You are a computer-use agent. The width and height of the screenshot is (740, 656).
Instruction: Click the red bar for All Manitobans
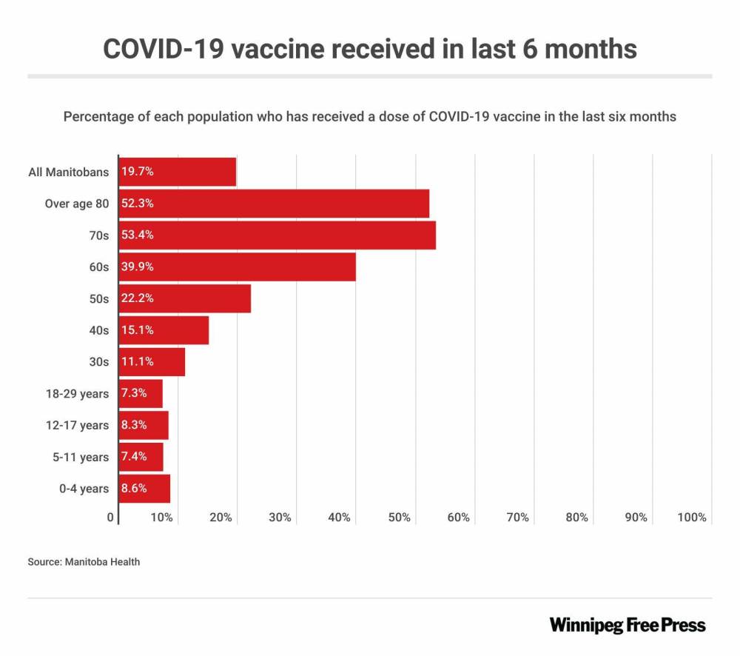[x=192, y=172]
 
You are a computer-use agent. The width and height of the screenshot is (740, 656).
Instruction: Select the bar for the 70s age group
[x=296, y=235]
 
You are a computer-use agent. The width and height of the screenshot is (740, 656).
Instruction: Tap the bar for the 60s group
[x=252, y=267]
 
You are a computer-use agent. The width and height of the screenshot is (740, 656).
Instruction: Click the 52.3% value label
[x=137, y=204]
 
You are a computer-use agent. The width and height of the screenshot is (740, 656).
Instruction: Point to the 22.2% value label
[x=137, y=298]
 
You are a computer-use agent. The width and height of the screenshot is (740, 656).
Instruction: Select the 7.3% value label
[x=134, y=393]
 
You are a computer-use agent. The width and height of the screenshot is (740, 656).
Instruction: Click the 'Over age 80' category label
[x=77, y=204]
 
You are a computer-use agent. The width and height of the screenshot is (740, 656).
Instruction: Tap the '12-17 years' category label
[x=77, y=425]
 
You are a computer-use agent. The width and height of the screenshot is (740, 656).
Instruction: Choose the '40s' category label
[x=99, y=330]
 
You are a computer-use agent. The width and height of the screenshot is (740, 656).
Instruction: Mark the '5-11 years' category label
[x=80, y=457]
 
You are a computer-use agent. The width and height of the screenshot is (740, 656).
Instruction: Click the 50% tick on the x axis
[x=399, y=518]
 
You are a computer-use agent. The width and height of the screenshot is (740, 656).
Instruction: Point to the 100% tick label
[x=692, y=518]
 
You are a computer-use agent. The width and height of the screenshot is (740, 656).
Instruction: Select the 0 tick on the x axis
[x=110, y=518]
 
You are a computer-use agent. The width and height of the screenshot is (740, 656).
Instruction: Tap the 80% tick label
[x=576, y=518]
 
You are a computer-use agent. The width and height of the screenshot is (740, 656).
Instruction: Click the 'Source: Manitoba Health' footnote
[x=84, y=562]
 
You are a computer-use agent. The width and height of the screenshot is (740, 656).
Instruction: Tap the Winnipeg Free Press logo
[x=628, y=625]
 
